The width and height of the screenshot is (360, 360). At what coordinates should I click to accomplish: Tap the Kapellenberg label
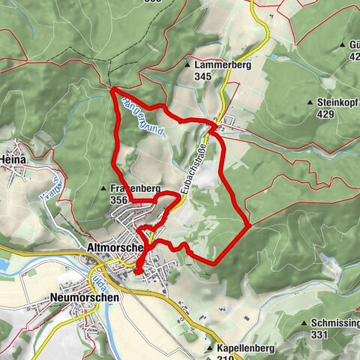[x=243, y=349]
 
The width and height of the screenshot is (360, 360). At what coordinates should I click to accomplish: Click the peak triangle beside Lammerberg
[x=187, y=65]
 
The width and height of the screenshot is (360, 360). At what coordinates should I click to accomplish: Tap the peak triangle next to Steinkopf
[x=309, y=102]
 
